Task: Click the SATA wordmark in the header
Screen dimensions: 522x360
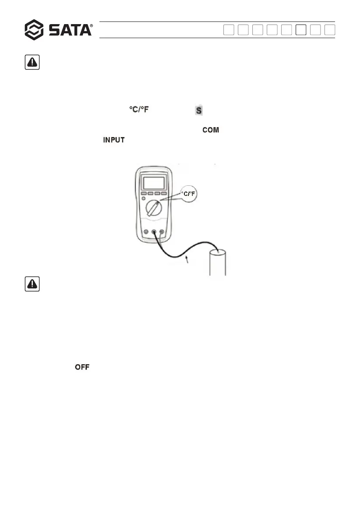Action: point(70,30)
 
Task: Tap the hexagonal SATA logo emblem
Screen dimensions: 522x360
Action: point(34,30)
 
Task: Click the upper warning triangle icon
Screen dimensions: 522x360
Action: point(32,63)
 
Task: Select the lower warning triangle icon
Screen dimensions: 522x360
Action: point(32,285)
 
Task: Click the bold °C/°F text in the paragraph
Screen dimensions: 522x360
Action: point(138,110)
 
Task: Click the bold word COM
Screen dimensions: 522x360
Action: point(210,130)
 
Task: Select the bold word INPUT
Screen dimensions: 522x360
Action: point(114,140)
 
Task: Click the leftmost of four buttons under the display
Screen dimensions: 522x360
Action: point(143,194)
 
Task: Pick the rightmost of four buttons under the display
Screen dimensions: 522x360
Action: point(164,194)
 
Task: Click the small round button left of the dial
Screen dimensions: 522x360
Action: point(143,199)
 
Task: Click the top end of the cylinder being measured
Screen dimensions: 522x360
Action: point(217,252)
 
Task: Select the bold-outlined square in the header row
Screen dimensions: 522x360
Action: point(300,30)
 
